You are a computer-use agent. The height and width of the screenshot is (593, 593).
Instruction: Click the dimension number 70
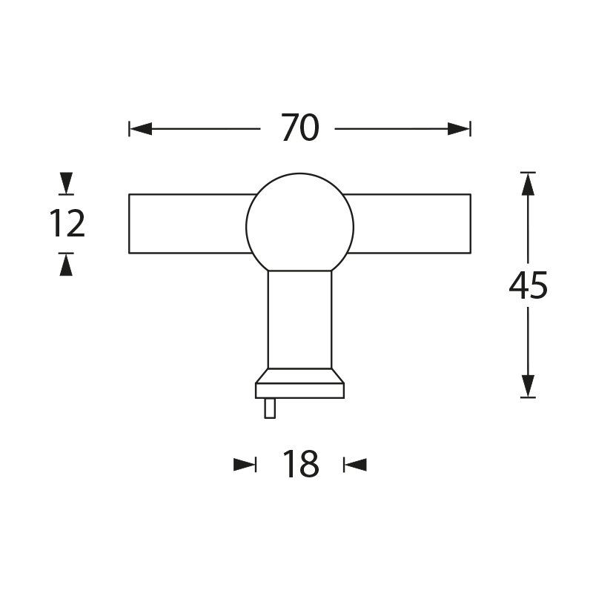click(x=300, y=127)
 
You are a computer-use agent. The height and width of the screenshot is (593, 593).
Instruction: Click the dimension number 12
click(x=67, y=224)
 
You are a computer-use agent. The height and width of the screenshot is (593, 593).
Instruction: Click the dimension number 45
click(x=528, y=285)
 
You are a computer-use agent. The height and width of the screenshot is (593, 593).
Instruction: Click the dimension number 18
click(x=301, y=464)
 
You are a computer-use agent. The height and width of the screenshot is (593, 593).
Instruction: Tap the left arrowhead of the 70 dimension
click(x=141, y=128)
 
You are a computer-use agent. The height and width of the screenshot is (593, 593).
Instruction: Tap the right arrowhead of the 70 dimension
click(x=459, y=128)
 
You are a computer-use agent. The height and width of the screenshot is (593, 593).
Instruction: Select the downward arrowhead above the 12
click(x=66, y=183)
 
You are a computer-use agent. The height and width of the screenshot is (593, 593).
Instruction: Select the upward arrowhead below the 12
click(x=66, y=265)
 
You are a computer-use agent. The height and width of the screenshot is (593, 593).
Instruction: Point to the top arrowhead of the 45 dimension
click(x=528, y=184)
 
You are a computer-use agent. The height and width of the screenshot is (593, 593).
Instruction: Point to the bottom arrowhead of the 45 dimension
click(x=528, y=385)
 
